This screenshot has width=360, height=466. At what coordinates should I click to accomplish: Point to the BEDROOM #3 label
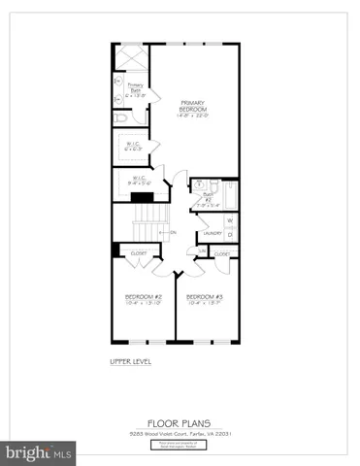point(205,295)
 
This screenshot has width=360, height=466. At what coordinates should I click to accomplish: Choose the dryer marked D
point(231,236)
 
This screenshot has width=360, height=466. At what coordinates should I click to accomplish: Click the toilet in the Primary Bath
point(119,116)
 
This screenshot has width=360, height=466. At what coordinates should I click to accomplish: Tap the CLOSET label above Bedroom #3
point(222,254)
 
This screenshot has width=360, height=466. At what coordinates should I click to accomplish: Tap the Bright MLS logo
point(39,452)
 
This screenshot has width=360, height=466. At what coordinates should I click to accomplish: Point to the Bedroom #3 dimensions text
point(205,303)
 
